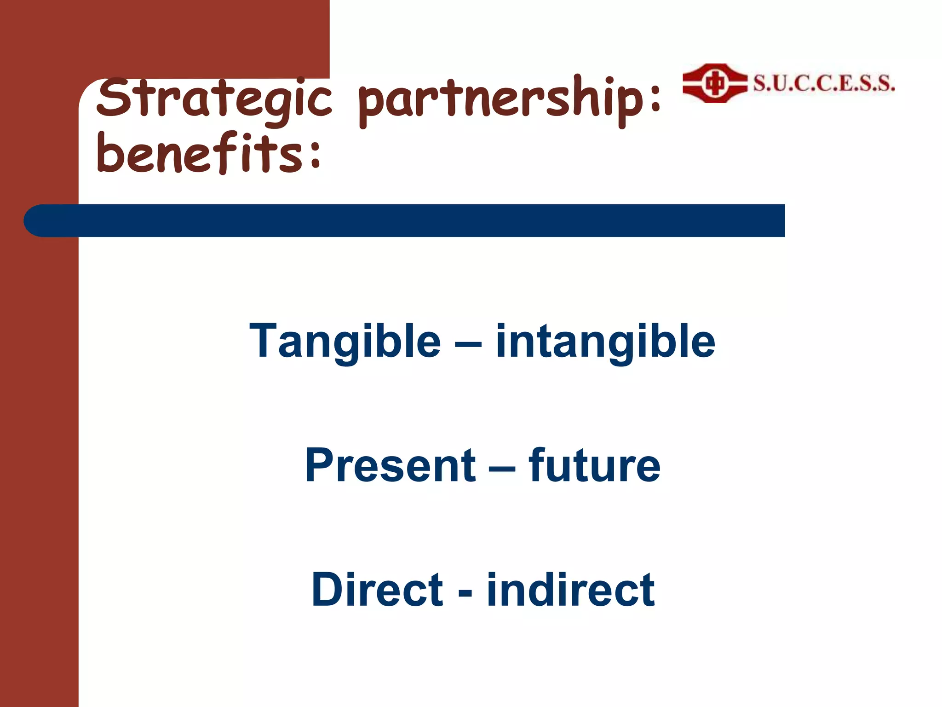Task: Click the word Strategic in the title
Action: (214, 99)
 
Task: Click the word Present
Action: (391, 466)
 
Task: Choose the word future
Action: (594, 466)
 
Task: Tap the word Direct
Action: (377, 590)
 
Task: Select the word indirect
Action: (570, 590)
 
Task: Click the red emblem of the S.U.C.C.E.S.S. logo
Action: (714, 84)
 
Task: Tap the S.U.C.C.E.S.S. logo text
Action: (824, 84)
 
